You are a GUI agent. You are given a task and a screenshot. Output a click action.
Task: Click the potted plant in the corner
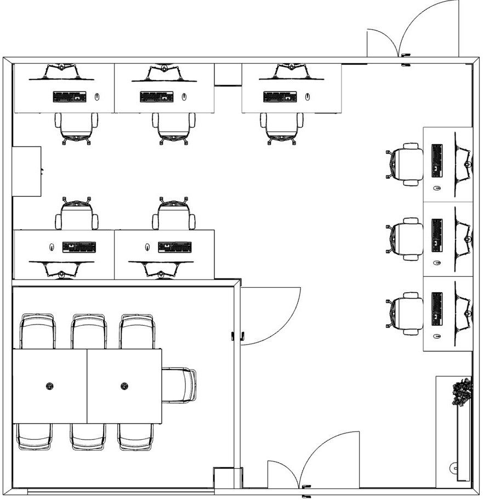click(x=462, y=392)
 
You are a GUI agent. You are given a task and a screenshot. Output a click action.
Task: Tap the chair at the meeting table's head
click(x=179, y=385)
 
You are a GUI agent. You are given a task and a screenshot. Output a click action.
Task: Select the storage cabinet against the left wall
click(x=27, y=171)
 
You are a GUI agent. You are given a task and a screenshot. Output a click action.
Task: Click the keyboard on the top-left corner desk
click(x=70, y=97)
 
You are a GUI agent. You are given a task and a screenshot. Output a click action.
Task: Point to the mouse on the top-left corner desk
click(x=97, y=97)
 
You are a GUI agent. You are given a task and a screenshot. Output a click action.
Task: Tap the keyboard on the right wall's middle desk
click(x=437, y=235)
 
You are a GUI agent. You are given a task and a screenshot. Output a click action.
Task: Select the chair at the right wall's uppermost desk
click(x=406, y=164)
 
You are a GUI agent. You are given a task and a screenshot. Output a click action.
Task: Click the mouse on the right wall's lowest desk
click(x=437, y=336)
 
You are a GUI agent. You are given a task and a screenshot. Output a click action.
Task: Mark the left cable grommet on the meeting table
click(x=50, y=386)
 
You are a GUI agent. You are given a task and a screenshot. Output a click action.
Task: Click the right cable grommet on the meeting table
click(x=124, y=386)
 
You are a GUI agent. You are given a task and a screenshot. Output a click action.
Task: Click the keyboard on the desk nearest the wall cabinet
click(x=79, y=247)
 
